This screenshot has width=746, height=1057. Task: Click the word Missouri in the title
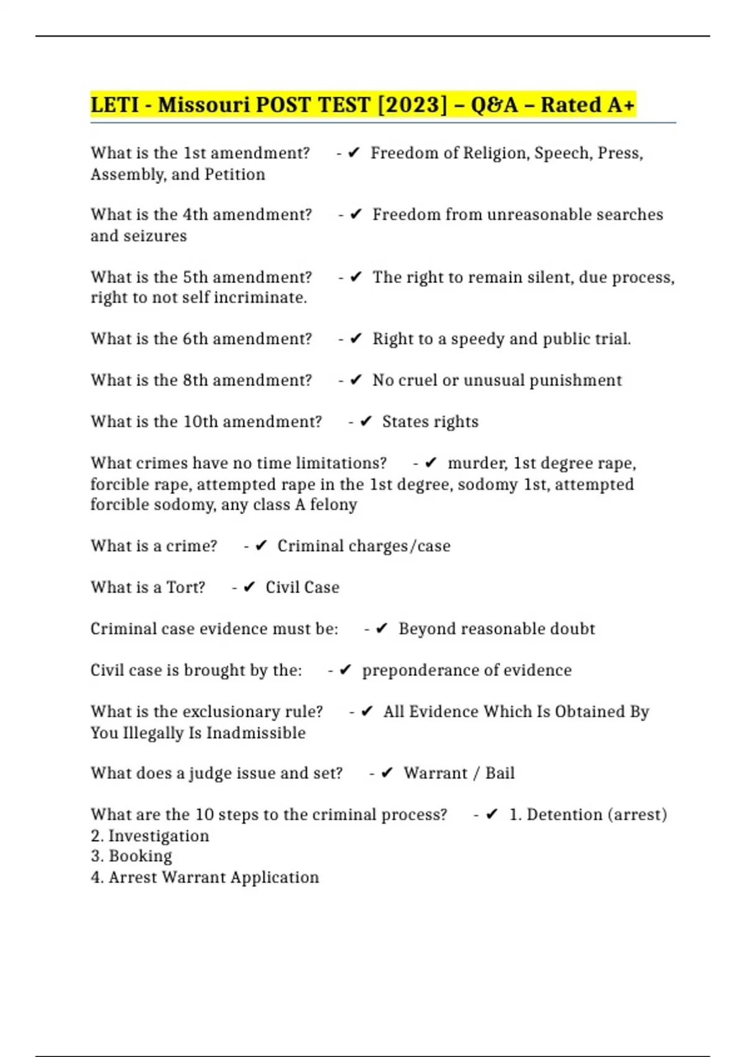point(203,105)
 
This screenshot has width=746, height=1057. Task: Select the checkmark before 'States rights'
point(366,422)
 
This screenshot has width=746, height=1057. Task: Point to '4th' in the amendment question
point(195,215)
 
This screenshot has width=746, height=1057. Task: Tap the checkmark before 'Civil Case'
point(249,587)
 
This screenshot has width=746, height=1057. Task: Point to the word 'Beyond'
point(426,629)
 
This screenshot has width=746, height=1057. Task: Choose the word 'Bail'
point(500,773)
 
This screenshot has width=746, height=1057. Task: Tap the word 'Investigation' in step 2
point(159,836)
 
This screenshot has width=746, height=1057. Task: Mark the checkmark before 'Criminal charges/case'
point(261,546)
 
